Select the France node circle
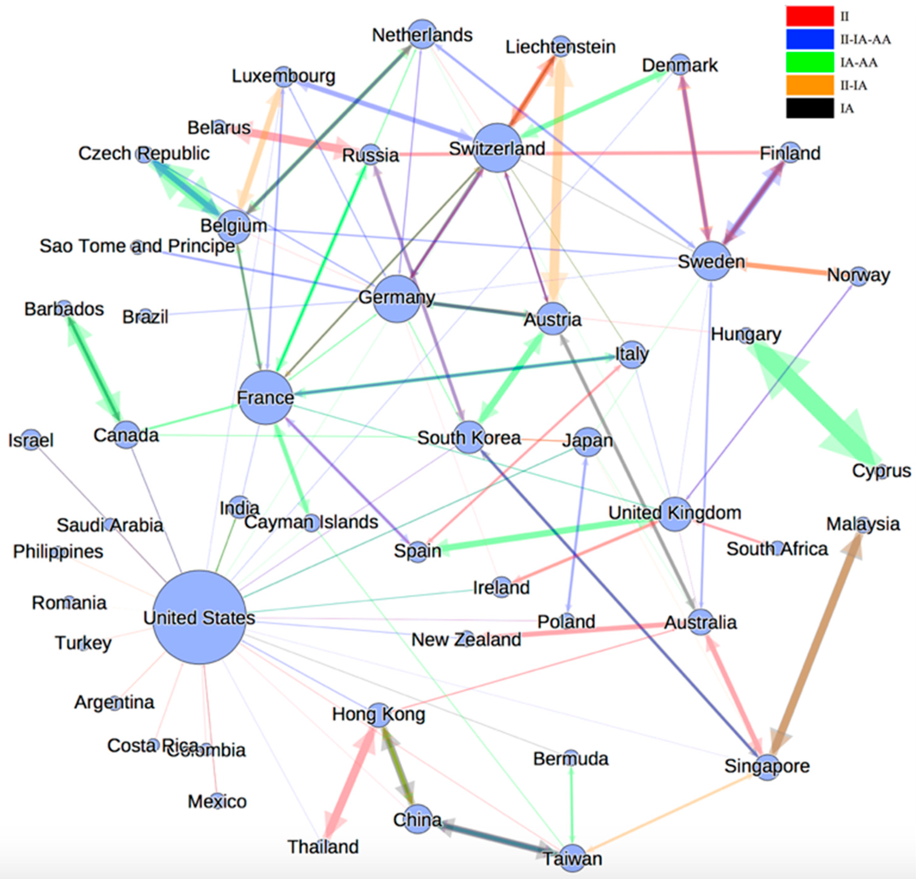coord(265,397)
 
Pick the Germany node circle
coord(397,298)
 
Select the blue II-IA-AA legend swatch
coord(809,39)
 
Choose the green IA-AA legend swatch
coord(809,62)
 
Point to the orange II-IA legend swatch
coord(809,85)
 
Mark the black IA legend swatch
coord(809,108)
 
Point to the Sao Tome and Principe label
coord(137,246)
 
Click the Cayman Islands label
coord(311,522)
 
